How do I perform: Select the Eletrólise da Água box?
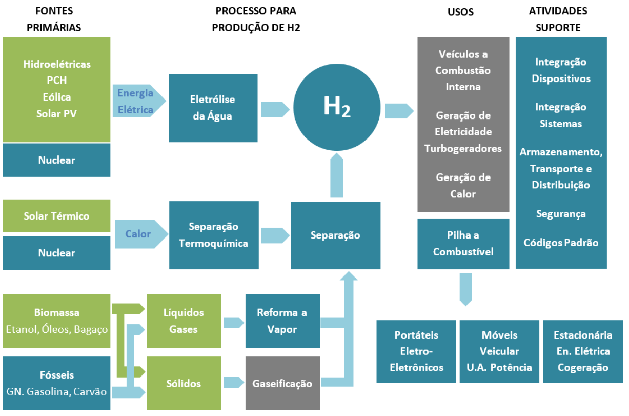[213, 108]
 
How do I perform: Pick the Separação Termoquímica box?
[214, 235]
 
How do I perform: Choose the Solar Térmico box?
[56, 216]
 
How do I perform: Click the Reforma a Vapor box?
[282, 321]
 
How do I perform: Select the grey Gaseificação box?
[282, 383]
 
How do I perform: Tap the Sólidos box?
[184, 383]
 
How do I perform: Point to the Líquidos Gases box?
[184, 321]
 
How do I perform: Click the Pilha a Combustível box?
[463, 244]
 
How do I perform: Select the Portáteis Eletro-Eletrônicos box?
[416, 351]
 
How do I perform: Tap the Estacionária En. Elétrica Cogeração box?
[583, 351]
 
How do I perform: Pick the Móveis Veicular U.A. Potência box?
[499, 351]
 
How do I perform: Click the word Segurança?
[561, 214]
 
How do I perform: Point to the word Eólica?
[56, 97]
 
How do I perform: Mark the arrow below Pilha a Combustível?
[465, 289]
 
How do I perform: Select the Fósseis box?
[56, 383]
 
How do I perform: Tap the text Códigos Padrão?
[561, 243]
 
